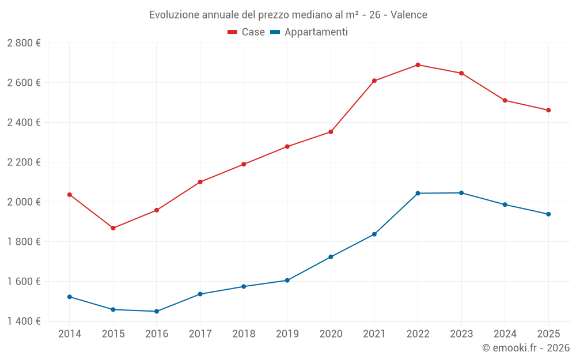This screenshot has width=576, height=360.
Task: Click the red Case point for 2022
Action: (x=418, y=65)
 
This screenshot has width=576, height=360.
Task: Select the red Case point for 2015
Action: (x=113, y=228)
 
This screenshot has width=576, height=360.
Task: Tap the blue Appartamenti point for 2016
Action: (x=157, y=311)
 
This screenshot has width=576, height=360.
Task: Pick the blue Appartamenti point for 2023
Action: (x=461, y=193)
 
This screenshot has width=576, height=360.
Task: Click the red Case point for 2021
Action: (x=374, y=81)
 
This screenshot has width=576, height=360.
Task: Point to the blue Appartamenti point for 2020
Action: (x=331, y=257)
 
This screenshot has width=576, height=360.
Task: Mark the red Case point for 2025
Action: (x=548, y=110)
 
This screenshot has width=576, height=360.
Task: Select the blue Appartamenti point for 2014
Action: (x=70, y=297)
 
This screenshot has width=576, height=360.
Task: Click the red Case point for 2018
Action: (x=244, y=164)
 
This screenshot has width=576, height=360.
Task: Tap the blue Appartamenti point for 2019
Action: (x=287, y=281)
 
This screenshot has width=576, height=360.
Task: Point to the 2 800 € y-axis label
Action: (x=24, y=43)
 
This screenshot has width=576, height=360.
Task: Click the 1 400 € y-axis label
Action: (x=24, y=321)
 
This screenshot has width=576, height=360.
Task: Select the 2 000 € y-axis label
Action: (x=24, y=202)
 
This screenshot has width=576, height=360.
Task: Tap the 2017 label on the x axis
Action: (x=200, y=334)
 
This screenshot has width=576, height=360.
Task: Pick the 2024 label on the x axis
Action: (x=505, y=334)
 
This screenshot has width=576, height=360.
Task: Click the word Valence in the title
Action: (x=409, y=15)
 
